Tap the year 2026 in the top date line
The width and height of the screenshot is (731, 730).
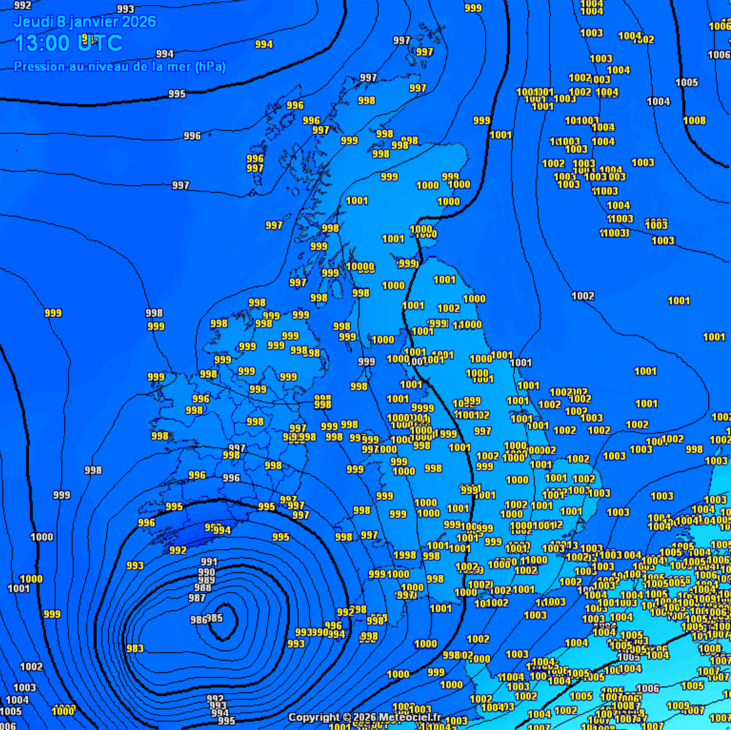click(138, 22)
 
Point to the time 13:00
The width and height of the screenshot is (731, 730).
click(42, 43)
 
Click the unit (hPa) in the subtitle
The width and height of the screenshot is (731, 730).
click(210, 67)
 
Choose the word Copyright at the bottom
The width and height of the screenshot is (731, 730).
click(315, 717)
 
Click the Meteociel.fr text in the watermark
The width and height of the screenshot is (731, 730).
click(410, 717)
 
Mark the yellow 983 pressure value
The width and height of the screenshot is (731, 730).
click(135, 649)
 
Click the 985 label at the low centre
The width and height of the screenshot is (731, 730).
click(215, 618)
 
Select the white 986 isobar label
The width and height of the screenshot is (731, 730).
click(198, 620)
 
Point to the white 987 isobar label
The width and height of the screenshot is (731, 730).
click(197, 598)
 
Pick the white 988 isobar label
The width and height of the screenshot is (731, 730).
click(203, 588)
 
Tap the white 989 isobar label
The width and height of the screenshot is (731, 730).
click(206, 580)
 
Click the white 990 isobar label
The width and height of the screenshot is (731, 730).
click(207, 572)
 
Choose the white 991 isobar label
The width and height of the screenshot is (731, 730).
click(209, 562)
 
